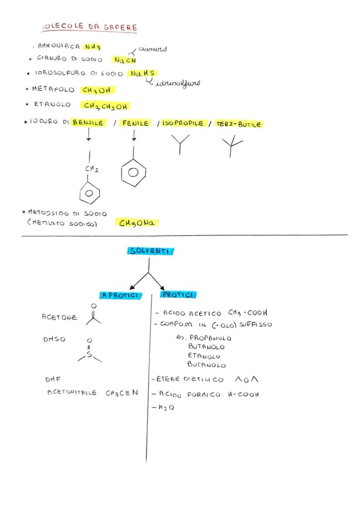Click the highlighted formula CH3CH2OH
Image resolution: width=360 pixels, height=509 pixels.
tap(105, 106)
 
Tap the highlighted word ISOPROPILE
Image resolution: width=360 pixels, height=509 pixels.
tap(183, 123)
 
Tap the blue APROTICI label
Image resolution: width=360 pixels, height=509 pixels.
tap(120, 295)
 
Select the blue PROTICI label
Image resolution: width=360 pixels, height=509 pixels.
tap(178, 295)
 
